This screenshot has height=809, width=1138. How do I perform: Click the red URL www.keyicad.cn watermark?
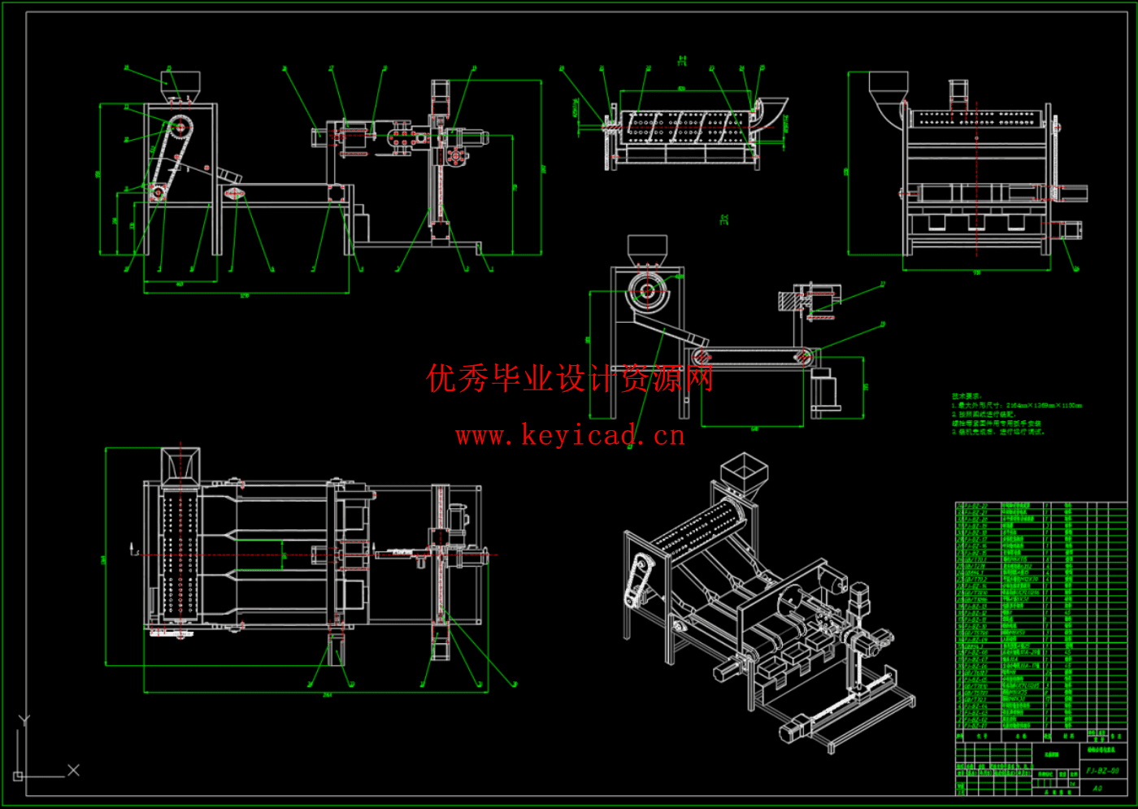(570, 436)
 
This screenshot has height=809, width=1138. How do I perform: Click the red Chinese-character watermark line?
(570, 378)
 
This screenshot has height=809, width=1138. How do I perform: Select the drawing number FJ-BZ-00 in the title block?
(1102, 771)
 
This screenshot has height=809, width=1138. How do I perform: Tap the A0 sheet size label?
(1097, 788)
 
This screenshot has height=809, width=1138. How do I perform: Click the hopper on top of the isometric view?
(744, 471)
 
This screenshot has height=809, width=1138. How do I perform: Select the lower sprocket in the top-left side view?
(157, 193)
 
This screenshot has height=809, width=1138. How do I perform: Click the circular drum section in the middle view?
(648, 291)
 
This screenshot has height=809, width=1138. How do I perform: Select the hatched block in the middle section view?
(788, 301)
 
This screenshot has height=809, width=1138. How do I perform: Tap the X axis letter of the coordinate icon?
(73, 769)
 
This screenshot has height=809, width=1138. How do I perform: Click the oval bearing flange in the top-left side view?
(234, 194)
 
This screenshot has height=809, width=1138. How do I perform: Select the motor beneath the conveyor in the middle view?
(825, 389)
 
